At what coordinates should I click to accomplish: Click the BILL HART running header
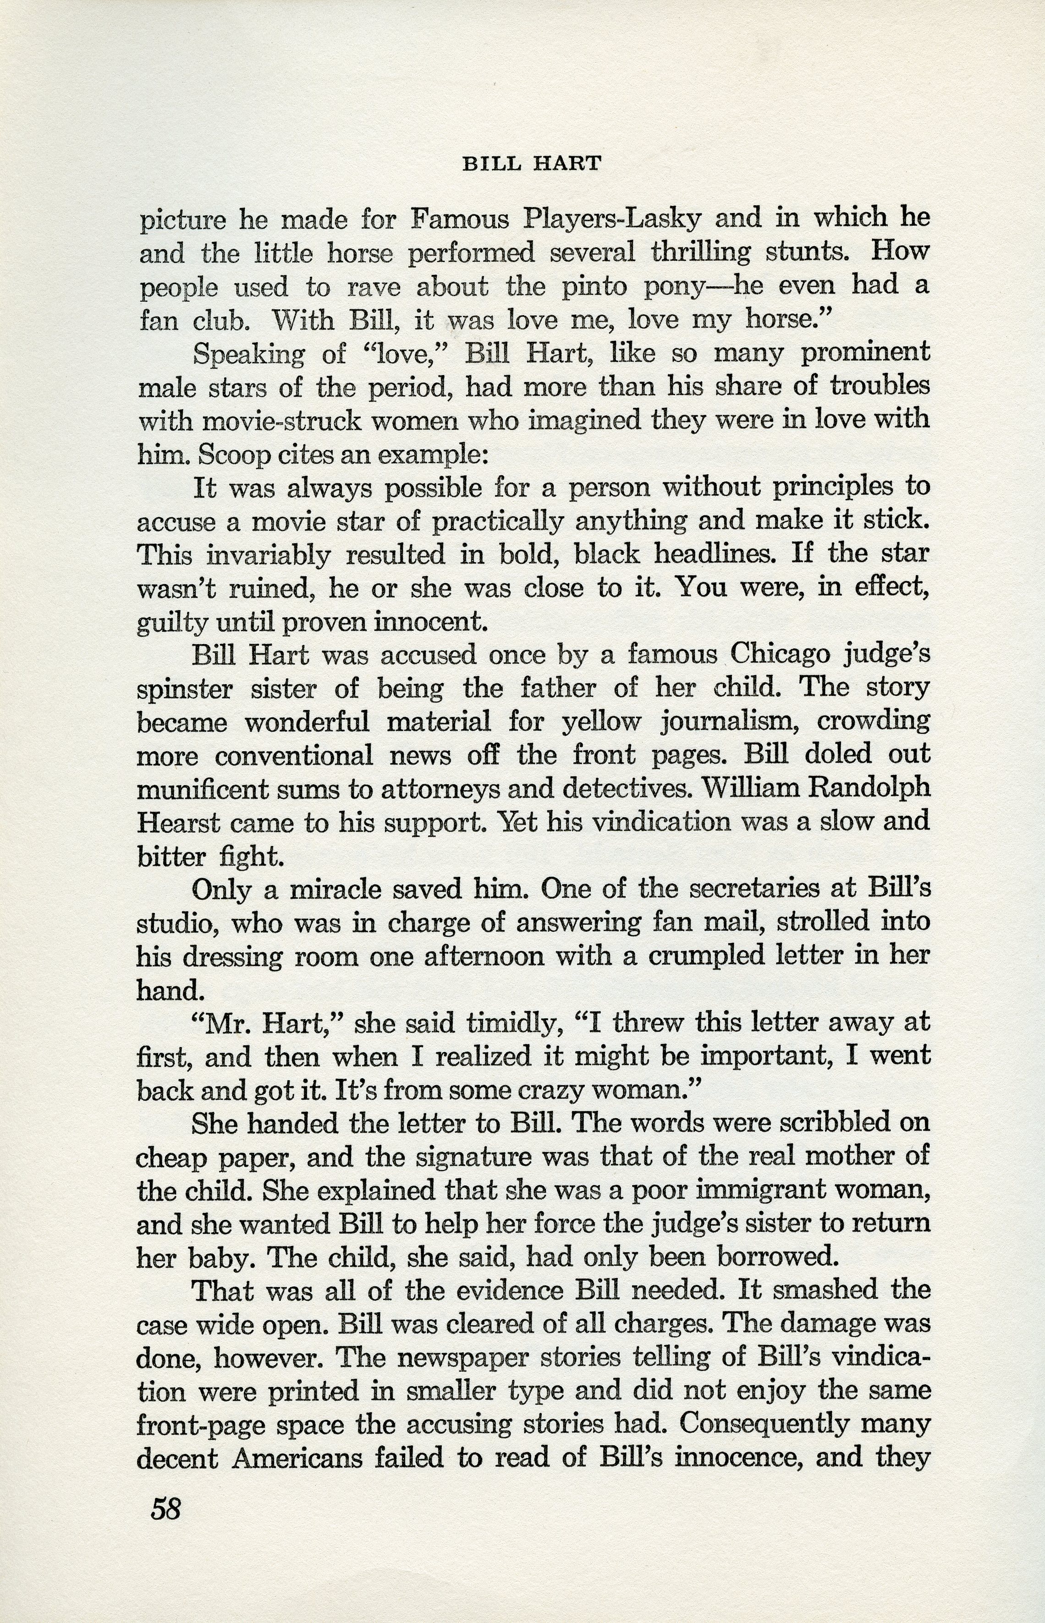[531, 164]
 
